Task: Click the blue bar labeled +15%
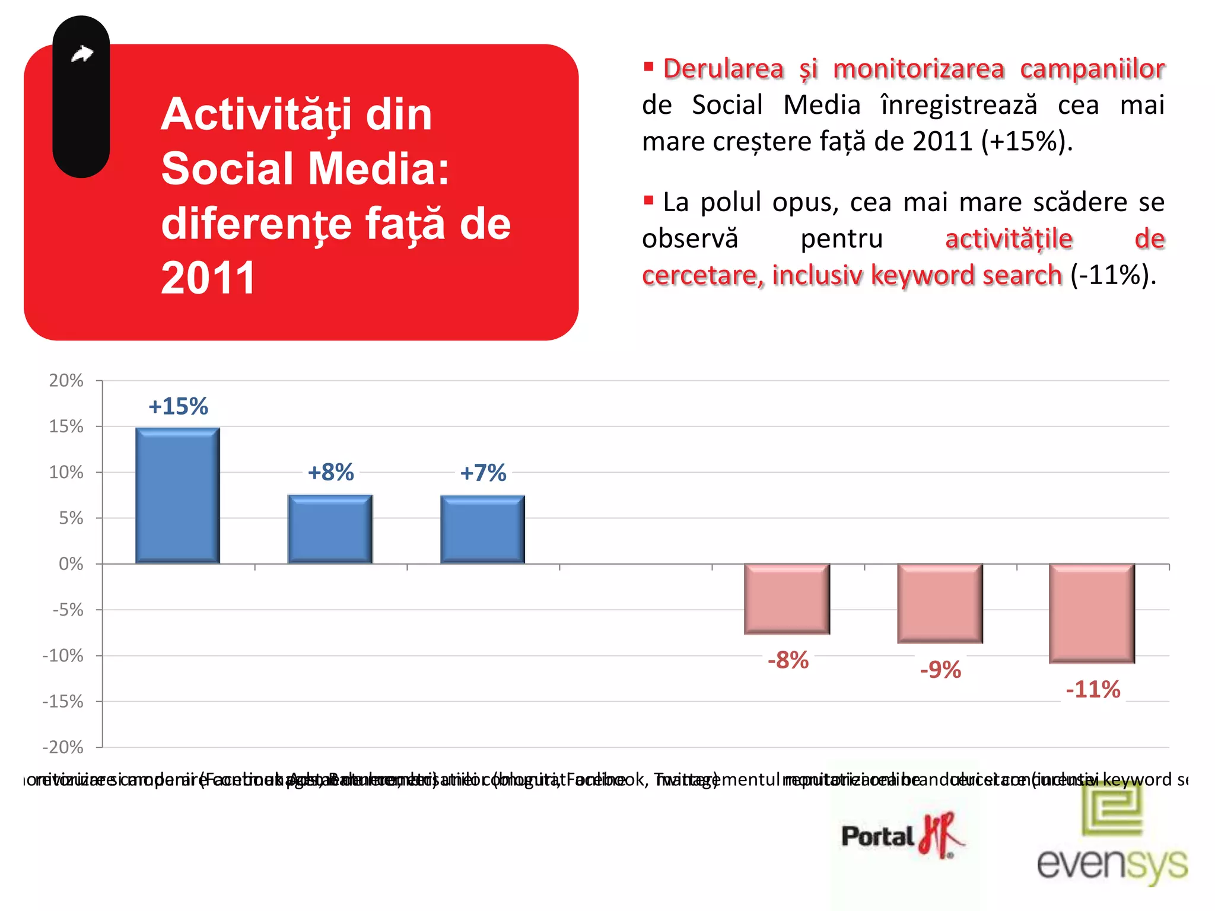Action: pyautogui.click(x=177, y=496)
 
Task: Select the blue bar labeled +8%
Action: pyautogui.click(x=330, y=529)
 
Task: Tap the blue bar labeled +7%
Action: pyautogui.click(x=483, y=529)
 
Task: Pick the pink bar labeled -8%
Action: pyautogui.click(x=787, y=599)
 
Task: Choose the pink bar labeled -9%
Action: pyautogui.click(x=940, y=603)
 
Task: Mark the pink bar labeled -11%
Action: pyautogui.click(x=1092, y=613)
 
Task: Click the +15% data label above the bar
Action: pyautogui.click(x=178, y=407)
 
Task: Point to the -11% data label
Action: pyautogui.click(x=1093, y=690)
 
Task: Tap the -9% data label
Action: pyautogui.click(x=940, y=670)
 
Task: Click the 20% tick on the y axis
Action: pyautogui.click(x=66, y=381)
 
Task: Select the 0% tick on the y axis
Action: pyautogui.click(x=71, y=564)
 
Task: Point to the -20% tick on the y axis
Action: pyautogui.click(x=63, y=747)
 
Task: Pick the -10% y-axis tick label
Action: pyautogui.click(x=63, y=656)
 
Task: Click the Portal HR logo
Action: pyautogui.click(x=902, y=835)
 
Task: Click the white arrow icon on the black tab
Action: pyautogui.click(x=82, y=55)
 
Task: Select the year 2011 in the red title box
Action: pyautogui.click(x=208, y=278)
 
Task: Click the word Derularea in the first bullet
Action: pyautogui.click(x=723, y=69)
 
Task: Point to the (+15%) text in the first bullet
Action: pyautogui.click(x=1027, y=142)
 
